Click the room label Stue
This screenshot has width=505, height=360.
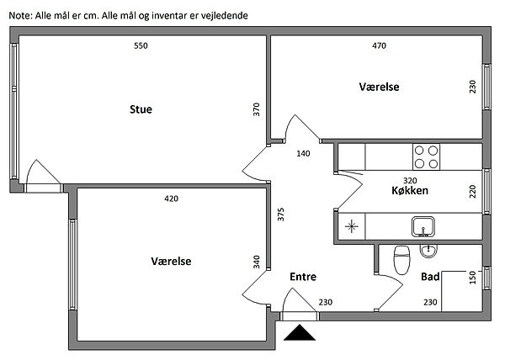click(141, 109)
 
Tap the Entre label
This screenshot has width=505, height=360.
click(303, 277)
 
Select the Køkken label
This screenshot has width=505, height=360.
click(410, 191)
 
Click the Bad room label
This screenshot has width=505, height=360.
click(430, 276)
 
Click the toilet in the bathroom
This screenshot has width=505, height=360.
click(401, 258)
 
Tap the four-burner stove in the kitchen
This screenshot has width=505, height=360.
click(426, 156)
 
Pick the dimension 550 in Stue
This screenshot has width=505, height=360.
click(141, 45)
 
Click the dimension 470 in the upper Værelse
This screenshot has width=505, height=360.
click(379, 45)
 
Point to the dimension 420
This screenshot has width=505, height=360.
click(171, 199)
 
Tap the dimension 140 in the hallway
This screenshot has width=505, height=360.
click(304, 154)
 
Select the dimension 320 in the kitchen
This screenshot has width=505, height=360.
click(411, 180)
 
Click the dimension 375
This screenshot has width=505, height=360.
click(280, 214)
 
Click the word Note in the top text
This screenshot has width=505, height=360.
click(19, 16)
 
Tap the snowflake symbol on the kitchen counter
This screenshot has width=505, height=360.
click(351, 225)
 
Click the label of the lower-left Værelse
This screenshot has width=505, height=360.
click(171, 262)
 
